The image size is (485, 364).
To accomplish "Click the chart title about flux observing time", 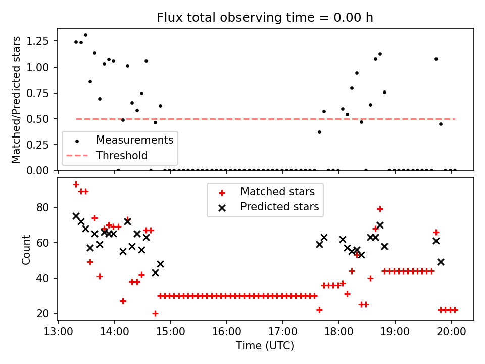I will point(265,18).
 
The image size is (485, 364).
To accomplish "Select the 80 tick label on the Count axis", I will point(44,207).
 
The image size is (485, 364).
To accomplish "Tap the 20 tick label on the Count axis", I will point(44,313).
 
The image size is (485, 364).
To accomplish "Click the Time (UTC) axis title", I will point(265,346).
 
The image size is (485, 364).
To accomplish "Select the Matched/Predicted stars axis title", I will point(16,100).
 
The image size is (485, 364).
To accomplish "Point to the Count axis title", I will point(26,249).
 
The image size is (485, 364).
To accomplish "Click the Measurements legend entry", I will point(134,140).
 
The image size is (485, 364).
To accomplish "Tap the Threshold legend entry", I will point(122,155).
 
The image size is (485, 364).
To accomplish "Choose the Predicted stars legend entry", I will point(279,207).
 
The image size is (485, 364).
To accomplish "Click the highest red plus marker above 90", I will point(76,185).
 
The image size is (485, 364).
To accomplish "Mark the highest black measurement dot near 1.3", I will point(85,35).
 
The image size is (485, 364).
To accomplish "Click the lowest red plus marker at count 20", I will point(155,313).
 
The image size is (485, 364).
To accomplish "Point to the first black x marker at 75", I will point(76,216).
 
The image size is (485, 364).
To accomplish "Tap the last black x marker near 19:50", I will point(441,262).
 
